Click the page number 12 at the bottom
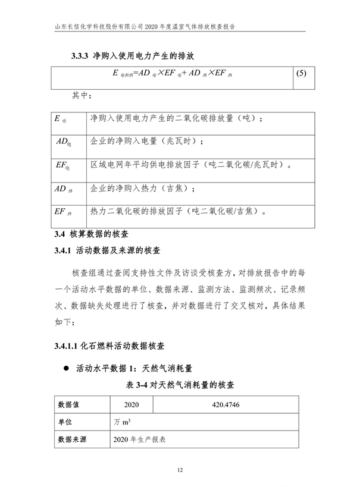[x=180, y=470]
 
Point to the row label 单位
[x=65, y=422]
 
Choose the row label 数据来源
[x=72, y=440]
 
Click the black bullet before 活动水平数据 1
[x=66, y=367]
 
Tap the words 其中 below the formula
[x=81, y=95]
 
